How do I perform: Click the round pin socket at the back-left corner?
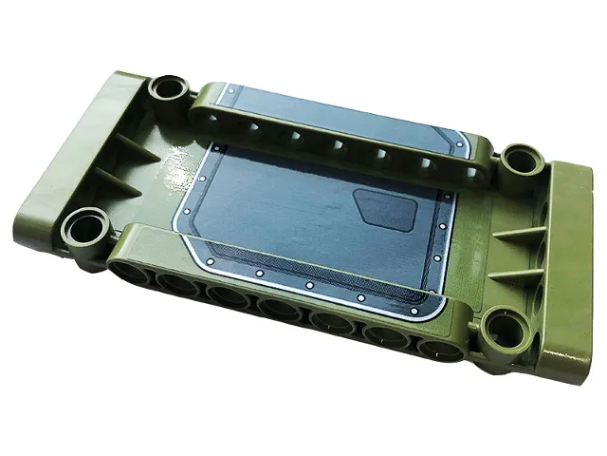(172, 88)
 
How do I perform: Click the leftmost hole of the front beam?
(133, 275)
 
